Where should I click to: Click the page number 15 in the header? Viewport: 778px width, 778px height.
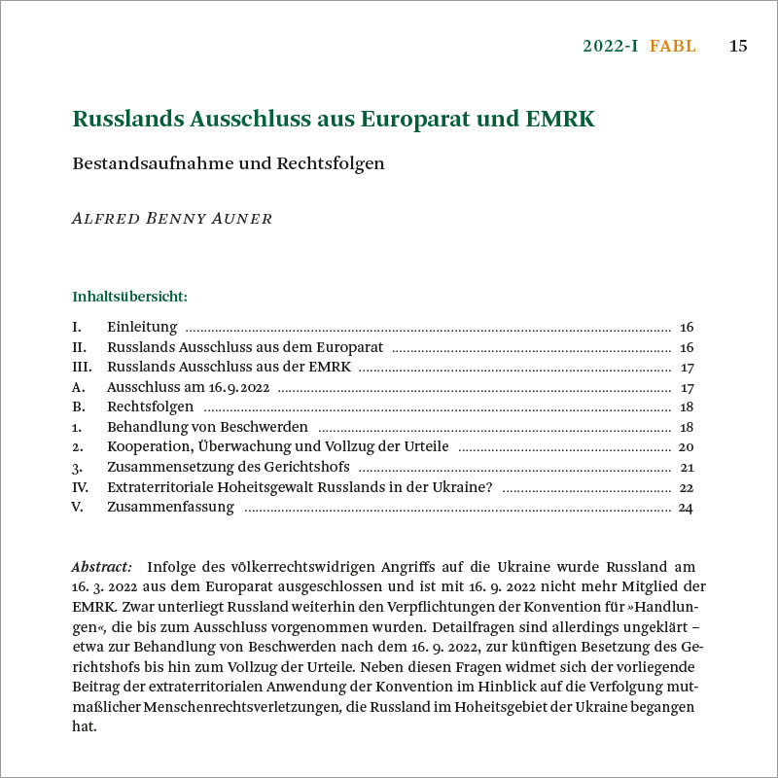pyautogui.click(x=738, y=46)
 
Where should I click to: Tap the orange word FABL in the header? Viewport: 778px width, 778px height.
pyautogui.click(x=673, y=46)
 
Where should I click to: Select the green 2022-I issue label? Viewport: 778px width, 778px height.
pyautogui.click(x=611, y=46)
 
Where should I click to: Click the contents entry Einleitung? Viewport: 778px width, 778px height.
pyautogui.click(x=142, y=327)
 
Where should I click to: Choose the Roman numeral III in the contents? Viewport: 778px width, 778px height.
pyautogui.click(x=82, y=367)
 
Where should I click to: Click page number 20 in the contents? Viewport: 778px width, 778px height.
pyautogui.click(x=685, y=446)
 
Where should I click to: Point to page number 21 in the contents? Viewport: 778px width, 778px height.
pyautogui.click(x=686, y=467)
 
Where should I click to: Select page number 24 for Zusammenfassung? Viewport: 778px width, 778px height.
pyautogui.click(x=685, y=507)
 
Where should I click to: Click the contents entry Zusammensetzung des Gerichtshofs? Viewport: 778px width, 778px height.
pyautogui.click(x=229, y=467)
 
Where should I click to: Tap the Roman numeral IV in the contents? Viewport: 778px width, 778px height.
pyautogui.click(x=81, y=486)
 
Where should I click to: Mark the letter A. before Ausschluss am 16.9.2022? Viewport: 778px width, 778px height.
pyautogui.click(x=78, y=387)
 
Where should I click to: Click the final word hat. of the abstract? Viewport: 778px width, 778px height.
pyautogui.click(x=85, y=725)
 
